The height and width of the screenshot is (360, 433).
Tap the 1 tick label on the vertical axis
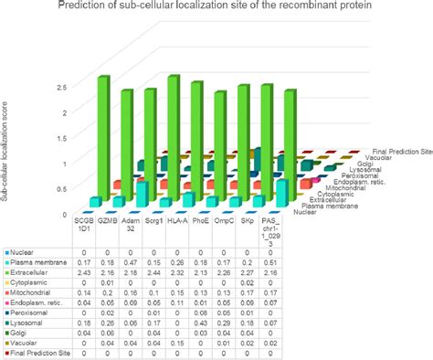59,163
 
